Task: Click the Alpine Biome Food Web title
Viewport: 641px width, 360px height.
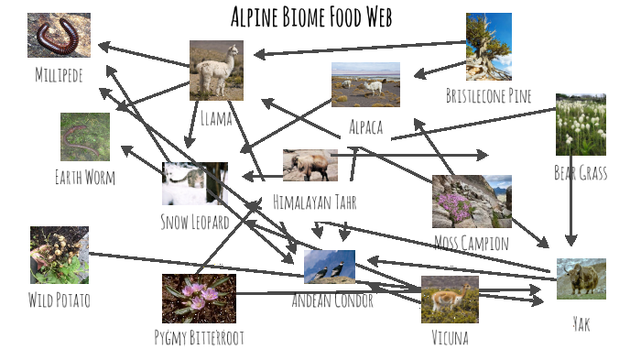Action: point(311,17)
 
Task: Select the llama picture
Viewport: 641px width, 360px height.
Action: point(216,70)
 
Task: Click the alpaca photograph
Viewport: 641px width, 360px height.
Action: point(365,84)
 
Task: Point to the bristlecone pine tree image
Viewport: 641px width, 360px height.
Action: point(488,47)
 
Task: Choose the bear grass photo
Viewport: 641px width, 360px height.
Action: point(580,125)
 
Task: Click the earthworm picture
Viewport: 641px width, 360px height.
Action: point(85,136)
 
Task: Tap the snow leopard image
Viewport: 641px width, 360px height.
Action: point(194,183)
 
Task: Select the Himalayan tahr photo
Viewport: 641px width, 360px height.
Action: point(310,166)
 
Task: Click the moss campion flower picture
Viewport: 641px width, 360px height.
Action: point(472,201)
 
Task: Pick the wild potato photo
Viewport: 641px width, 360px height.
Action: point(59,255)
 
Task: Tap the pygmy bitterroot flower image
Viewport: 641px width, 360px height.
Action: point(199,298)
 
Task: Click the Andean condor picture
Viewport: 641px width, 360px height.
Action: point(329,267)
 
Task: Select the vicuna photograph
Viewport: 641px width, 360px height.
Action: point(450,300)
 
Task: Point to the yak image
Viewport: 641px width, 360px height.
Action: point(581,278)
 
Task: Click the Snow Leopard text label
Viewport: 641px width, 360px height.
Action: point(194,222)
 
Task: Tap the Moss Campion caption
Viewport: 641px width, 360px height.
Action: point(472,243)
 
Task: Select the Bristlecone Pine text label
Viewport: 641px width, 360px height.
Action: point(488,96)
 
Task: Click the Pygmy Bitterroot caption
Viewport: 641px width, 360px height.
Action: point(199,337)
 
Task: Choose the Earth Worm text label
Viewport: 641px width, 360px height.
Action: point(85,177)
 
